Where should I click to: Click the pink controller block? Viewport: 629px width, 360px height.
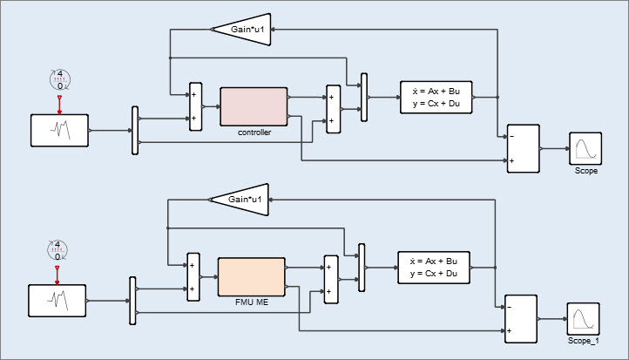pyautogui.click(x=254, y=105)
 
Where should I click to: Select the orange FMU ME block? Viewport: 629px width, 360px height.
pyautogui.click(x=251, y=276)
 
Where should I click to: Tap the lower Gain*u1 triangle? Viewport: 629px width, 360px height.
pyautogui.click(x=242, y=200)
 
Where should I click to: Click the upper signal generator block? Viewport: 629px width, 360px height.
pyautogui.click(x=59, y=131)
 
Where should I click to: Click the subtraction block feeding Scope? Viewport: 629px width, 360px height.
pyautogui.click(x=524, y=148)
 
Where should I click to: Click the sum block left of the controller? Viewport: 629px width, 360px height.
pyautogui.click(x=195, y=106)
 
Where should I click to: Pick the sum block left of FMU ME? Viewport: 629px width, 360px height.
pyautogui.click(x=193, y=277)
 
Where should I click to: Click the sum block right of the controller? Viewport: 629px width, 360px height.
pyautogui.click(x=332, y=109)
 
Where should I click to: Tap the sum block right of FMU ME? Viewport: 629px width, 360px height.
pyautogui.click(x=329, y=280)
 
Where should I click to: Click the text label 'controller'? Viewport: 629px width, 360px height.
pyautogui.click(x=254, y=132)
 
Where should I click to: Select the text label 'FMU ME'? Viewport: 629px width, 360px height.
pyautogui.click(x=251, y=303)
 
